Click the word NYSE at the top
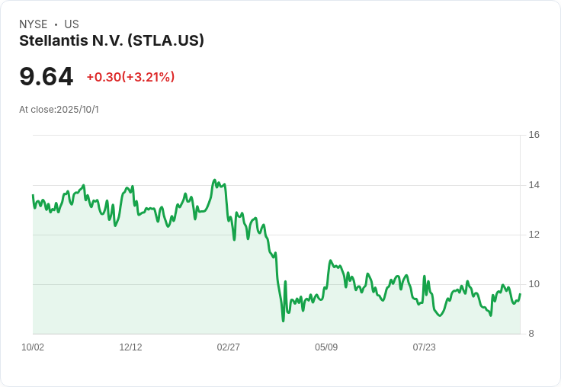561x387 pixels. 34,24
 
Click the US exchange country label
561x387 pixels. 72,24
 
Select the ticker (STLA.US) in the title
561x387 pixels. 165,40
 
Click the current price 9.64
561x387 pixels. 46,76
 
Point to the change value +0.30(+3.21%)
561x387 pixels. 130,77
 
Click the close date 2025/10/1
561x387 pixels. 78,110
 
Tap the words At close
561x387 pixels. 37,110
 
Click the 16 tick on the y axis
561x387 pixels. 534,135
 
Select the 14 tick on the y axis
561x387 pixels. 534,185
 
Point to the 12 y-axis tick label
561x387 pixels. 534,235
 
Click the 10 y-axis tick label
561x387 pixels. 534,284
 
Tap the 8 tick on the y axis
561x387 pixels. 531,334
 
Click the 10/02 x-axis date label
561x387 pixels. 33,347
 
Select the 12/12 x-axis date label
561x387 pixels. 130,347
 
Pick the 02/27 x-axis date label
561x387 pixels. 229,347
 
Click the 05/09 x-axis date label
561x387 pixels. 326,347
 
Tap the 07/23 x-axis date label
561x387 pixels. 424,347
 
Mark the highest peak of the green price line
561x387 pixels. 214,181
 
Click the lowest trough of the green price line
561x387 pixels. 283,321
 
